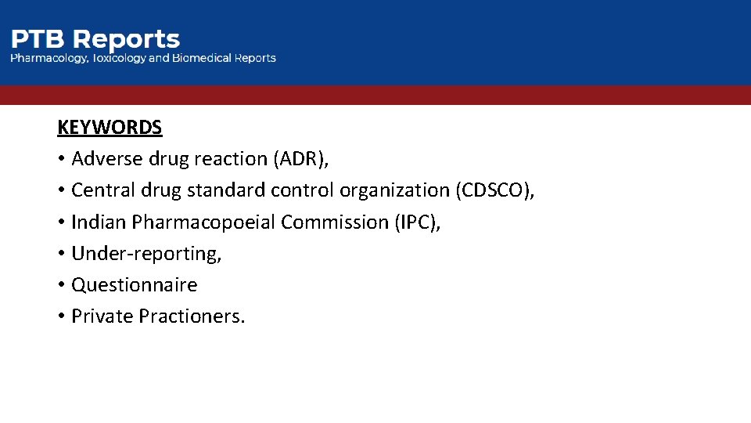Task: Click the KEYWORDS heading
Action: click(x=110, y=127)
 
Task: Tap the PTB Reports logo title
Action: click(x=95, y=39)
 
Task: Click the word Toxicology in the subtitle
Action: click(x=118, y=58)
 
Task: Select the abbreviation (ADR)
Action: click(x=301, y=159)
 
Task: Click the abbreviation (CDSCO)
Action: click(x=494, y=190)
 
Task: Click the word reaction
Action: click(x=231, y=159)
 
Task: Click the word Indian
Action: click(x=99, y=222)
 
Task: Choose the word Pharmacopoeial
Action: click(x=204, y=222)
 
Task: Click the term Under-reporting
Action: click(x=146, y=254)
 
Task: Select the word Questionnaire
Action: click(x=134, y=285)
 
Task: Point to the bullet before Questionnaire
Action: click(x=60, y=285)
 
